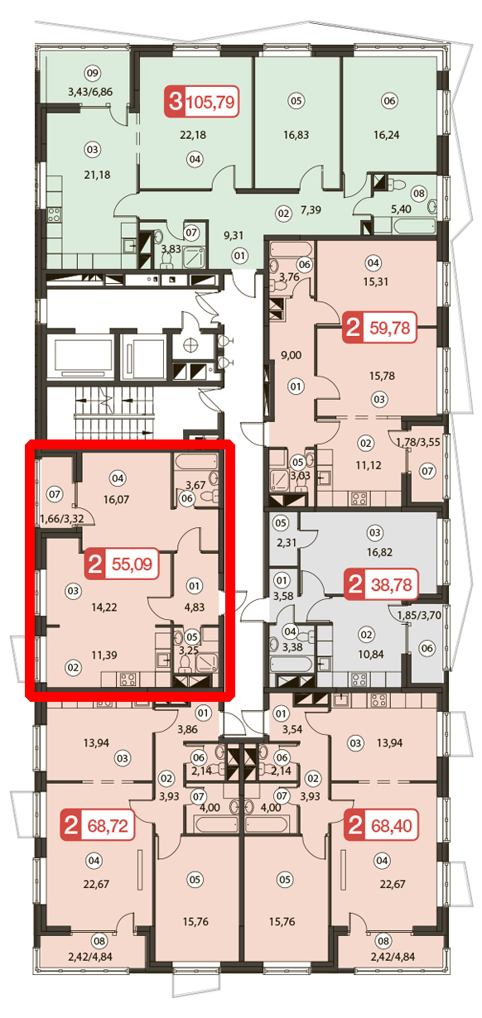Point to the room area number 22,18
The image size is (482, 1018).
(x=193, y=135)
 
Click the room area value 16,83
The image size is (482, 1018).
(x=296, y=135)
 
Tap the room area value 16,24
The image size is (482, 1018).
(x=387, y=135)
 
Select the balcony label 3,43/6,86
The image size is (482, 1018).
(x=90, y=92)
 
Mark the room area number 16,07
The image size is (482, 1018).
(x=117, y=499)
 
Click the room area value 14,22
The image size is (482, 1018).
(x=104, y=607)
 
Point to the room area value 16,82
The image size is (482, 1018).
(x=379, y=552)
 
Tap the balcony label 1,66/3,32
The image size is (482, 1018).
(x=62, y=519)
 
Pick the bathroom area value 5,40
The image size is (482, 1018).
(x=401, y=209)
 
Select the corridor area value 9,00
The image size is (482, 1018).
(x=291, y=355)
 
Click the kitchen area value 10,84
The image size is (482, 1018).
(x=371, y=655)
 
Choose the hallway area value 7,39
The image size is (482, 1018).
(x=311, y=210)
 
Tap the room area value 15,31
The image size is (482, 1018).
(x=376, y=281)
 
